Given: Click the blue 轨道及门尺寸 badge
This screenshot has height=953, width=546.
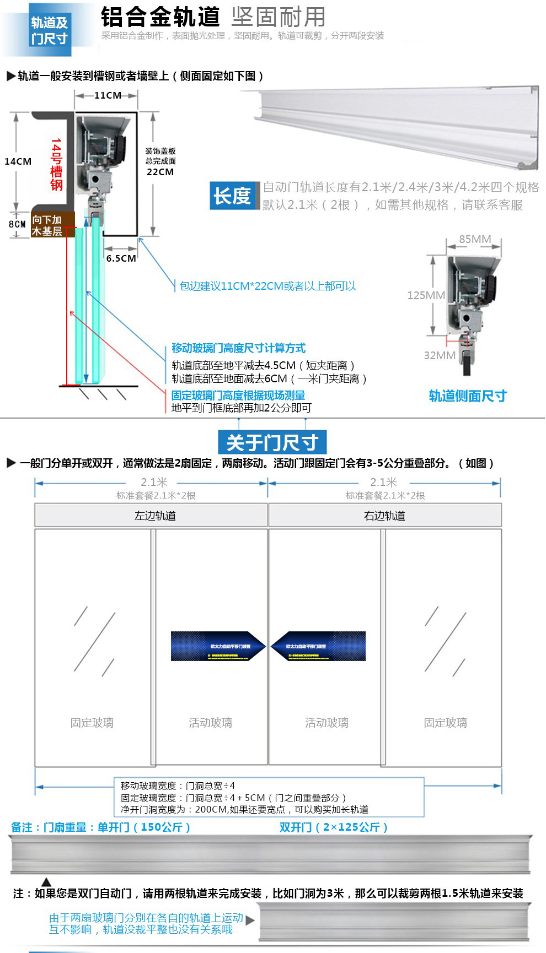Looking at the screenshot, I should (49, 30).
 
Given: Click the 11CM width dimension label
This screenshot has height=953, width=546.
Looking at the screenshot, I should (108, 95).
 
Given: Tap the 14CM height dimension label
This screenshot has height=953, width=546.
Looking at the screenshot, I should (18, 161).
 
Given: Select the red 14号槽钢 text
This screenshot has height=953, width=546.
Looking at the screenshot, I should (56, 164).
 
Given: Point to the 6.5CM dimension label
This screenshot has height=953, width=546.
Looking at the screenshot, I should (121, 258).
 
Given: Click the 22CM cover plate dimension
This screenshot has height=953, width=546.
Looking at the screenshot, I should (160, 172).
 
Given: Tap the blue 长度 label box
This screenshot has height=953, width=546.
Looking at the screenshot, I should (233, 196).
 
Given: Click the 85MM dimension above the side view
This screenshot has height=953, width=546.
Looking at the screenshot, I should (475, 239).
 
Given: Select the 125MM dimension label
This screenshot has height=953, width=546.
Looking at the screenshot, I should (426, 295).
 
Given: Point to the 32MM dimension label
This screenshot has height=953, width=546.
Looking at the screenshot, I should (440, 355).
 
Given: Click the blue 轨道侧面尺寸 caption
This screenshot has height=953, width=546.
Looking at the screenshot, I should (468, 396).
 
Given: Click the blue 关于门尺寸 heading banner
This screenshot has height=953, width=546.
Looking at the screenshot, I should (272, 442).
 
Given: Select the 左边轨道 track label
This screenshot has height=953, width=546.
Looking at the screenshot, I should (155, 516).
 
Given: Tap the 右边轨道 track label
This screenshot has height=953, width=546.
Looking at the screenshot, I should (384, 516).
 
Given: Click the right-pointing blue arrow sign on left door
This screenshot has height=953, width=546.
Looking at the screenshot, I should (218, 646).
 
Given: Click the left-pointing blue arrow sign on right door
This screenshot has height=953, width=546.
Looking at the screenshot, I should (319, 646).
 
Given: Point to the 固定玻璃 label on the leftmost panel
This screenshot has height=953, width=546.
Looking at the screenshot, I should (92, 722).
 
